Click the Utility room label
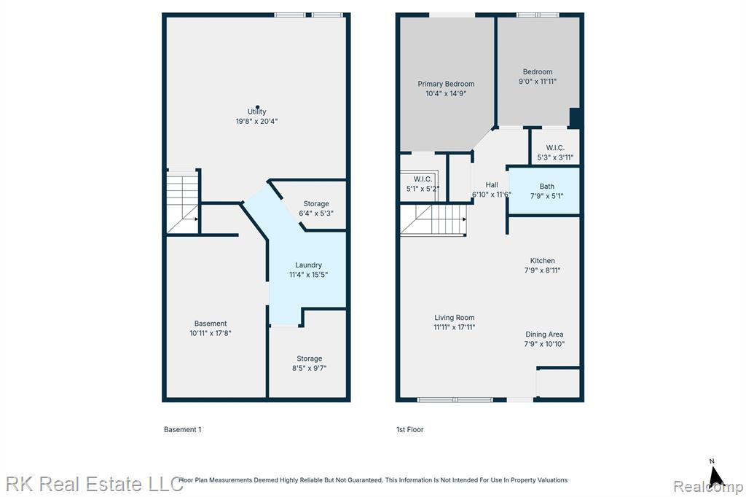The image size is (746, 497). pyautogui.click(x=256, y=111)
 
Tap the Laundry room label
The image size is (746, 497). pyautogui.click(x=308, y=265)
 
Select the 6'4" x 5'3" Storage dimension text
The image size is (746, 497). pyautogui.click(x=316, y=214)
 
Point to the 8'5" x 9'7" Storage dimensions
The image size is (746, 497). pyautogui.click(x=309, y=368)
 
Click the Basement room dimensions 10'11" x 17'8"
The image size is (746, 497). pyautogui.click(x=211, y=333)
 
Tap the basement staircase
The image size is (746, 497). pyautogui.click(x=183, y=203)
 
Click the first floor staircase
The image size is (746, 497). pyautogui.click(x=433, y=219)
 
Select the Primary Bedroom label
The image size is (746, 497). pyautogui.click(x=446, y=84)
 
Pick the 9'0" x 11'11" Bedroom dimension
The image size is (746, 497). pyautogui.click(x=538, y=82)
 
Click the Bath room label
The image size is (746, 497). pyautogui.click(x=546, y=187)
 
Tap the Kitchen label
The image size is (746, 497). pyautogui.click(x=542, y=261)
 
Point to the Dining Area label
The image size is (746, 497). pyautogui.click(x=544, y=334)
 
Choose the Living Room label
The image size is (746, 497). pyautogui.click(x=455, y=318)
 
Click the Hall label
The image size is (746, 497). pyautogui.click(x=492, y=184)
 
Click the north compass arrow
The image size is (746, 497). pyautogui.click(x=716, y=476)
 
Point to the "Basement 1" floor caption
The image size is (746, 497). pyautogui.click(x=183, y=429)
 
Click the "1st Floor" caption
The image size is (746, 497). pyautogui.click(x=409, y=429)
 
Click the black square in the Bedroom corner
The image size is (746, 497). pyautogui.click(x=575, y=118)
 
